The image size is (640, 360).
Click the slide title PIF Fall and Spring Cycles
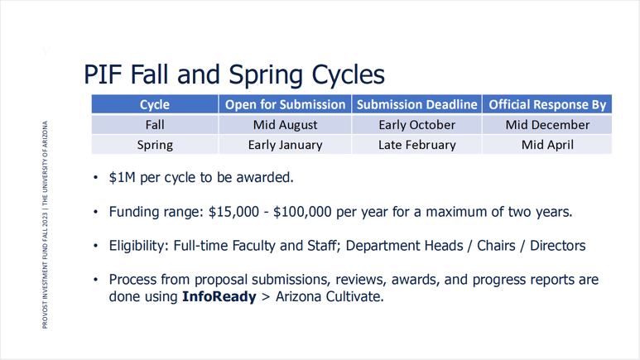click(234, 74)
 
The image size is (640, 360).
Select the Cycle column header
click(155, 105)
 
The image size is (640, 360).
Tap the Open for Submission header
click(285, 105)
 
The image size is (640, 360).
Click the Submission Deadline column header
click(417, 105)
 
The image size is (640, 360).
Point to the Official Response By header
click(547, 105)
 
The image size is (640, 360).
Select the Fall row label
click(155, 125)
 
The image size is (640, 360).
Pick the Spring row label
click(155, 145)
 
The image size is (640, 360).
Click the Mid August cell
click(285, 125)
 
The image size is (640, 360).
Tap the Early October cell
click(417, 125)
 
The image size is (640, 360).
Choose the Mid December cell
click(547, 125)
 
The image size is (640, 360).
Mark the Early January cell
click(285, 145)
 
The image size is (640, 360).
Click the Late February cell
click(417, 145)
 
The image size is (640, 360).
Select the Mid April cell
click(547, 145)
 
